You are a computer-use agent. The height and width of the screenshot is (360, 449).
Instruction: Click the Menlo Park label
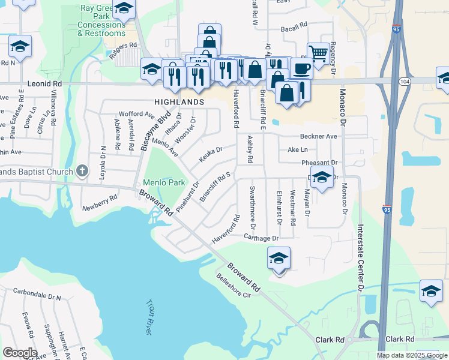click(164, 182)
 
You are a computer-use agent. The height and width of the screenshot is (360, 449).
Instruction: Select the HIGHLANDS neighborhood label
click(179, 103)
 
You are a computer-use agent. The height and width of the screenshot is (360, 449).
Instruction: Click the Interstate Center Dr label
click(361, 258)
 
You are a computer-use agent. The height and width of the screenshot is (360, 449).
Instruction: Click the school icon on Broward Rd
click(279, 258)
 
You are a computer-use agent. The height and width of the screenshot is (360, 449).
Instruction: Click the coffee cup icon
click(301, 68)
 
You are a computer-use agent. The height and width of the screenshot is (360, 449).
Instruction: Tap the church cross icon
click(85, 172)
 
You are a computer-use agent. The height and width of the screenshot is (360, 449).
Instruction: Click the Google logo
click(20, 353)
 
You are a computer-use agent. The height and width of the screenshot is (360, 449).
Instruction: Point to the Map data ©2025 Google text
click(411, 355)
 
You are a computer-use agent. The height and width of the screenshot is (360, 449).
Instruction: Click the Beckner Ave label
click(319, 136)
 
